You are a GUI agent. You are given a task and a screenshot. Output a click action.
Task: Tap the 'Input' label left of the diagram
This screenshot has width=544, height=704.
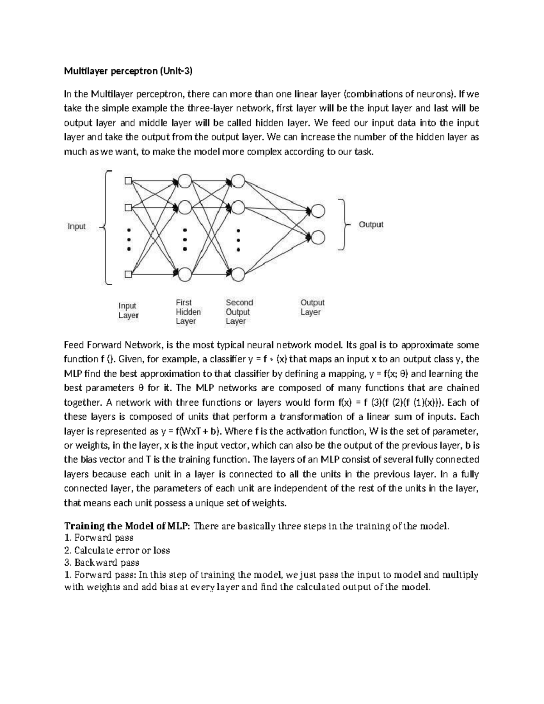pos(77,226)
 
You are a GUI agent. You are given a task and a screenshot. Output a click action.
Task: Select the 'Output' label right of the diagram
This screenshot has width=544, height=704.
pos(371,224)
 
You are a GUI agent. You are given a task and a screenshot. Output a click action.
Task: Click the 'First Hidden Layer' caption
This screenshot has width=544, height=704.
pos(188,312)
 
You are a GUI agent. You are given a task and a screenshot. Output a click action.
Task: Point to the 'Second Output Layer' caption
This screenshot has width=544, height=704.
pos(239,312)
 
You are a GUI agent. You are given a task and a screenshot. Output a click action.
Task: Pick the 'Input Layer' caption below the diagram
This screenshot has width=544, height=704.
pos(128,311)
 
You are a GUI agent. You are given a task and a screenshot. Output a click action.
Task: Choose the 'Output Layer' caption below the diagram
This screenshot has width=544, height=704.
pos(312,307)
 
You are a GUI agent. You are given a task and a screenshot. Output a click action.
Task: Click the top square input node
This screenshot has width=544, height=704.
pos(128,181)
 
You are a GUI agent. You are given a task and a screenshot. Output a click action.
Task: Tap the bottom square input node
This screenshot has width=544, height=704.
pos(128,274)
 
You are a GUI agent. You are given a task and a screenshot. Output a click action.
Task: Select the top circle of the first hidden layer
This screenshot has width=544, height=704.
pos(185,181)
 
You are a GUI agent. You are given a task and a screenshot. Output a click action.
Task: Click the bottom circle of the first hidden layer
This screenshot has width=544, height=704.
pos(185,274)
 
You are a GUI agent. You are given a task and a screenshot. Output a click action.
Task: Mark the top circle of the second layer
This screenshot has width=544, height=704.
pos(238,181)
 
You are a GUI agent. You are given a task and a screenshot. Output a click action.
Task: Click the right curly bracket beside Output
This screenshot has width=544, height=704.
pos(345,224)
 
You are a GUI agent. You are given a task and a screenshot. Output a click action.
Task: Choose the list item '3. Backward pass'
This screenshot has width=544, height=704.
pos(102,563)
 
